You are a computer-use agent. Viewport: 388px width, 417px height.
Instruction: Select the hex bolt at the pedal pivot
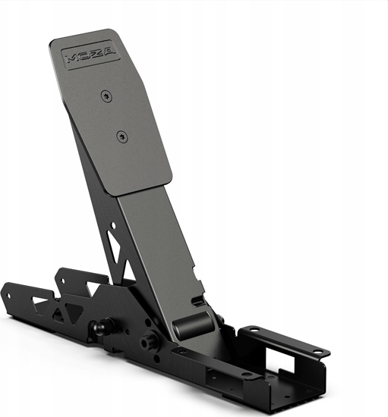(x=148, y=340)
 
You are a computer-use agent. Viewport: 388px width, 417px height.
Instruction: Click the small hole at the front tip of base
(x=9, y=289)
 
